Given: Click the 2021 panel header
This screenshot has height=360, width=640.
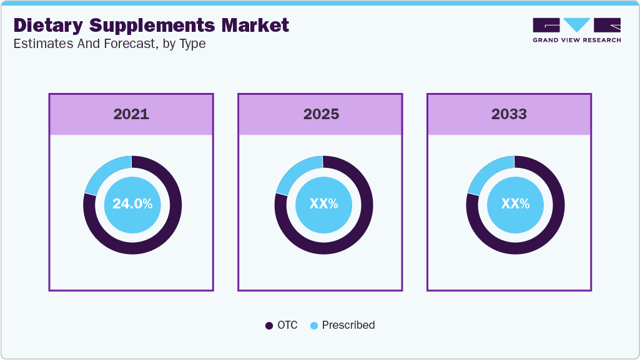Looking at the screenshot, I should point(131,114).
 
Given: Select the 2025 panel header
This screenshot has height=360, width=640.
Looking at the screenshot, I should point(321,114).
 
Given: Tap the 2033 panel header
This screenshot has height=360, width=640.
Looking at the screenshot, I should point(509,114).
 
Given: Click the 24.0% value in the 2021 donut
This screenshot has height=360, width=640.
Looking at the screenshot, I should point(132,204).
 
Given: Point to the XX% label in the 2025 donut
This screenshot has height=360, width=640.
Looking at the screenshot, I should point(323,204).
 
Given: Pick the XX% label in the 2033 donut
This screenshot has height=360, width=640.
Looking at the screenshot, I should point(515,204).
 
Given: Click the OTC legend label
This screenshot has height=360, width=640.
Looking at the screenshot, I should point(288,325).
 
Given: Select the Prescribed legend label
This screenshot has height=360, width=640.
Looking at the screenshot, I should point(348,325).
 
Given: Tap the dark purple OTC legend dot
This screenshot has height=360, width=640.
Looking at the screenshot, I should point(269,325).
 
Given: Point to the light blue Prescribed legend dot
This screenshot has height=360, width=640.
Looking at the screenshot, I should point(314,325).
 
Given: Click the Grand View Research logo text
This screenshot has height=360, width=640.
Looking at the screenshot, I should point(576,41).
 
